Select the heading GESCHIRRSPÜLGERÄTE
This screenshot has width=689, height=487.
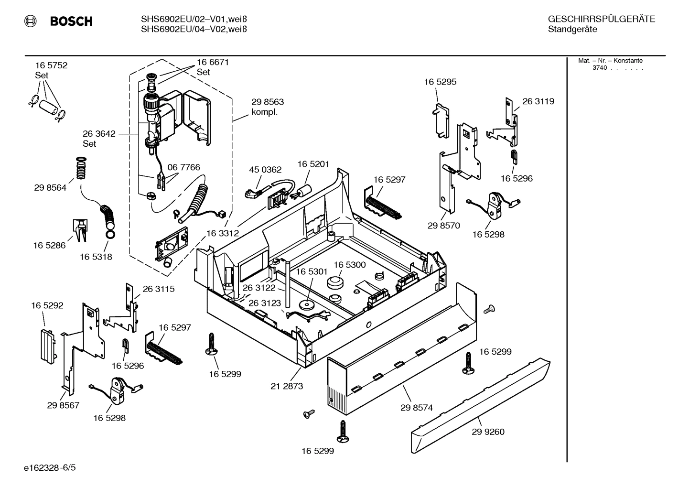[601, 19]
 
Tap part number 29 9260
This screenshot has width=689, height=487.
[488, 432]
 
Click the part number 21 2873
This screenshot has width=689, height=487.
[287, 386]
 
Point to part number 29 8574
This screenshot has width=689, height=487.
[417, 408]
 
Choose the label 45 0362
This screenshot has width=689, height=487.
[265, 170]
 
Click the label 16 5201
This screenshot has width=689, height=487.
[313, 164]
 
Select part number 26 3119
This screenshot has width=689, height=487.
[538, 101]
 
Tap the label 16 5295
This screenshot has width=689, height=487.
[440, 82]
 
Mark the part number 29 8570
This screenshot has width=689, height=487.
[444, 226]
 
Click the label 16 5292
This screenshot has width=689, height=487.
[47, 305]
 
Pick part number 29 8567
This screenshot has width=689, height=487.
[63, 405]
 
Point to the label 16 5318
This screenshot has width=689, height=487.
[96, 257]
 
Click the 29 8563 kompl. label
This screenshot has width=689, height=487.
[268, 107]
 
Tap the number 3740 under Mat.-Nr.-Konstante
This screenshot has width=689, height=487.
[599, 68]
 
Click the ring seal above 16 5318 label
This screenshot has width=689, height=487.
[110, 234]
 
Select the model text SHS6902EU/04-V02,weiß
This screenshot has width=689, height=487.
[194, 29]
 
